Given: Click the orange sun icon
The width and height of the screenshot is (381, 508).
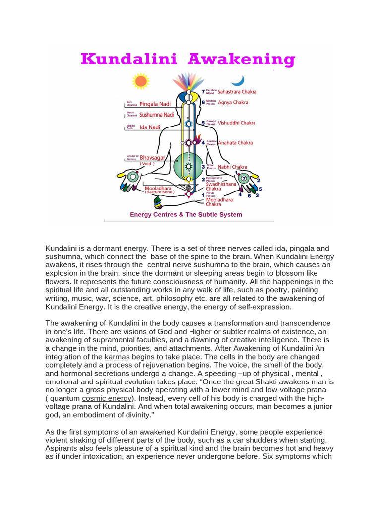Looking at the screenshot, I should pos(141,81).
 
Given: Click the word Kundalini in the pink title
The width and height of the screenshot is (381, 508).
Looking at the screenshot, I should pos(129,59).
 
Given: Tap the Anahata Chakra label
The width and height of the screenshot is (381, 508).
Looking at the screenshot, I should pos(232,143).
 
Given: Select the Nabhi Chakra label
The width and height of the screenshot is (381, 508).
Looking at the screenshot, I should pos(233,167).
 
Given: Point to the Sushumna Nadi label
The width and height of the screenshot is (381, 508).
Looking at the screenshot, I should pos(157,115).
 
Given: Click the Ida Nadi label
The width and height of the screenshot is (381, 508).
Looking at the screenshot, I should pos(150,127).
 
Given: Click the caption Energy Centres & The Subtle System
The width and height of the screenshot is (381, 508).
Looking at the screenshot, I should pos(186,215).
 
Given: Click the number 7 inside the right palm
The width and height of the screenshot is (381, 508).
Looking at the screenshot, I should pos(243,178).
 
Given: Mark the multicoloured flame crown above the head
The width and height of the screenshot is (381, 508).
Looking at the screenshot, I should pos(188,81).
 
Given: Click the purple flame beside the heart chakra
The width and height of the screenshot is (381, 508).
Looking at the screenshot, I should pos(198,140).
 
